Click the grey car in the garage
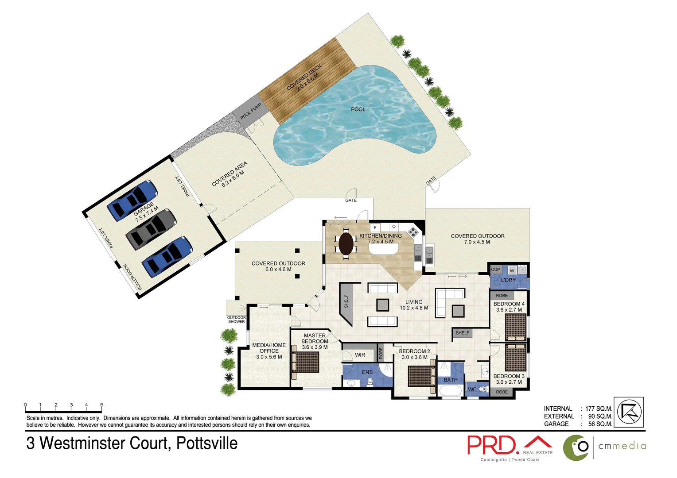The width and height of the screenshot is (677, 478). (151, 228)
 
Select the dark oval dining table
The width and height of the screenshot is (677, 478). (346, 244)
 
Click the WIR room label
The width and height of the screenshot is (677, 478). (360, 355)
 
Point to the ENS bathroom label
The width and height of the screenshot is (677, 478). (367, 372)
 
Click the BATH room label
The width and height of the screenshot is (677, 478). (451, 380)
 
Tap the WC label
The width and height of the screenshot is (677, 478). (472, 389)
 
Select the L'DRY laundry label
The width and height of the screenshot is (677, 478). (508, 280)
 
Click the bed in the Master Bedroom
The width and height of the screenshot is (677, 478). (305, 362)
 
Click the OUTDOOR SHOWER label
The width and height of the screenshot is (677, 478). (236, 320)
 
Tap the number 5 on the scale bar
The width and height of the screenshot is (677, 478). (101, 405)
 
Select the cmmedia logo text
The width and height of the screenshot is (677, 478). (622, 446)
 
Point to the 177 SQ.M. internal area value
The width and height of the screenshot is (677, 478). (599, 409)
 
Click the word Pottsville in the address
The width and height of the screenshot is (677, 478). (207, 443)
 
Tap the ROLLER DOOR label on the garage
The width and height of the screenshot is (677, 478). (132, 277)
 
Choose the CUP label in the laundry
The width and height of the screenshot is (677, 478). (495, 270)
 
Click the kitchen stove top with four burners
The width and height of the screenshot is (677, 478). (413, 231)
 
